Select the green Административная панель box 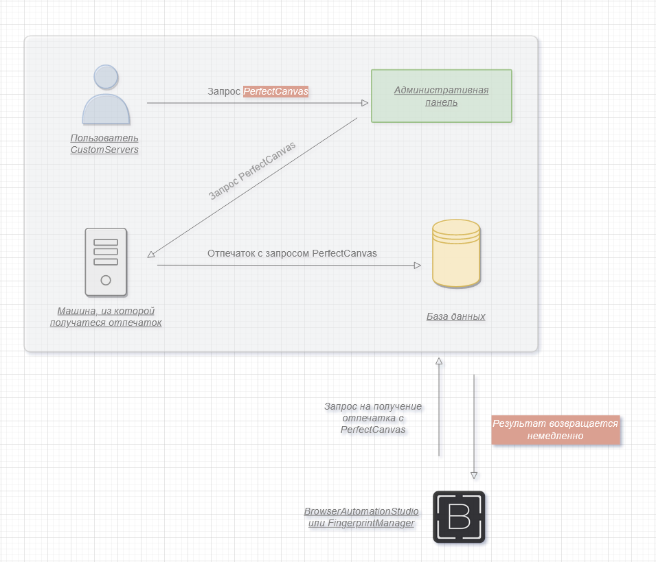click(441, 96)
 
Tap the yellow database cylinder click(456, 253)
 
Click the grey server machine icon click(106, 261)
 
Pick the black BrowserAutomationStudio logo click(459, 517)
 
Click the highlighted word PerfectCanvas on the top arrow click(276, 91)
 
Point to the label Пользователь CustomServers click(104, 143)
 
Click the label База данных click(455, 316)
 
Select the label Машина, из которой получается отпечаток click(106, 316)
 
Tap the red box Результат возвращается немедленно click(555, 430)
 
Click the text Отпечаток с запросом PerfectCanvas click(292, 253)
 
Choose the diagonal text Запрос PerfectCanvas click(252, 170)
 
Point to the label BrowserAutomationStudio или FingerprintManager click(361, 517)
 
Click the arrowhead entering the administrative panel click(365, 103)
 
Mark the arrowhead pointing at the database click(417, 265)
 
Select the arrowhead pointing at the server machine click(152, 255)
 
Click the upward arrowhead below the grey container click(439, 360)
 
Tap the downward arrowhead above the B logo click(473, 475)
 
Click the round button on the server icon click(106, 280)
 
